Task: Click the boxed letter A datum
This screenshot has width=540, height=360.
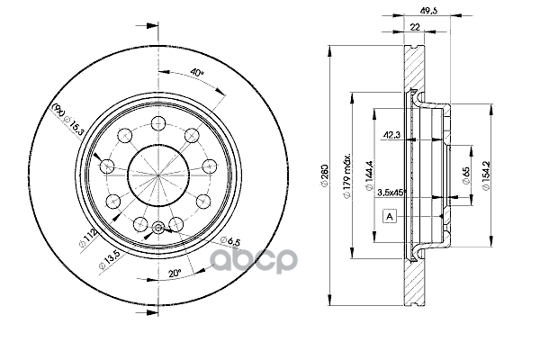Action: pos(390,217)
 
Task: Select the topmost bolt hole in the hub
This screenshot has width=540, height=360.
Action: pos(157,121)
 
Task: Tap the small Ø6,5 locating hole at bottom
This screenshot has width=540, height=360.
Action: pos(157,227)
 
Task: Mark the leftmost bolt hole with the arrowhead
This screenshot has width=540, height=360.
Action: pos(107,165)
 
